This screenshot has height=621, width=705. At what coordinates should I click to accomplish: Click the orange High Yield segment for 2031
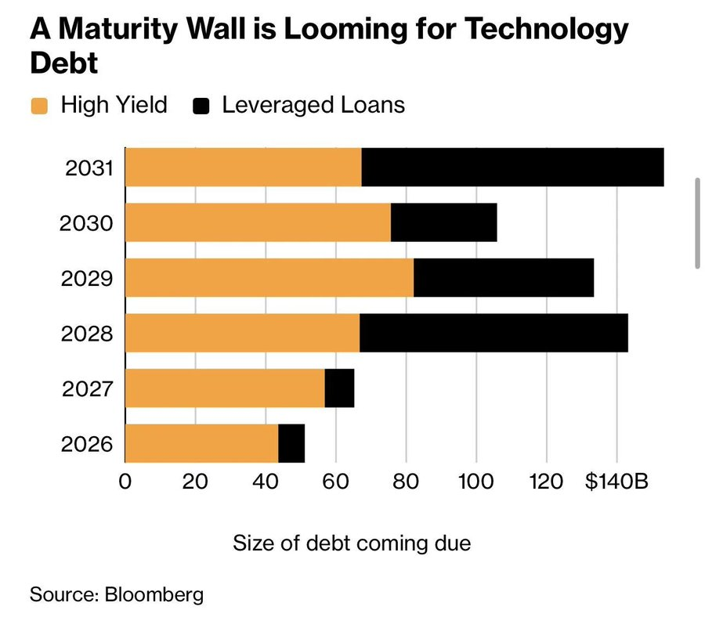click(x=243, y=167)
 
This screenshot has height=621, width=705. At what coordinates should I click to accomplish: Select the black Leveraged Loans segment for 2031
click(x=512, y=167)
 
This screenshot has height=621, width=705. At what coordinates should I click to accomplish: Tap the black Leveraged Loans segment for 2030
click(x=443, y=222)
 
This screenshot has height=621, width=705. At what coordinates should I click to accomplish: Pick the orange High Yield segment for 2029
click(x=269, y=277)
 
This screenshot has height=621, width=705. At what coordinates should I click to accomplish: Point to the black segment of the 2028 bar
click(x=493, y=333)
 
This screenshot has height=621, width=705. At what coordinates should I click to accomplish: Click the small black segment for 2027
click(x=339, y=388)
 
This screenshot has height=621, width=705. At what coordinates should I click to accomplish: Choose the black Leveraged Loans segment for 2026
click(x=291, y=443)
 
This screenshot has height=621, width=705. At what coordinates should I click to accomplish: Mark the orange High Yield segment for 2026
click(x=201, y=443)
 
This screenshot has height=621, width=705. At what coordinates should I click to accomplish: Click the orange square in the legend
click(x=40, y=106)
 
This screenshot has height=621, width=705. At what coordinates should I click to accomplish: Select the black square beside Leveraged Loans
click(x=202, y=106)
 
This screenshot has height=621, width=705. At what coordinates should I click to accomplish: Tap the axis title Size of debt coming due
click(x=352, y=542)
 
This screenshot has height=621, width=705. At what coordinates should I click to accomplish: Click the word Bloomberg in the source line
click(x=154, y=594)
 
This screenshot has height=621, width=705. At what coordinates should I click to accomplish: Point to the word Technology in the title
click(x=547, y=30)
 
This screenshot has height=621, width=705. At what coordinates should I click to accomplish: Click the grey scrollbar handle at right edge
click(x=696, y=223)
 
